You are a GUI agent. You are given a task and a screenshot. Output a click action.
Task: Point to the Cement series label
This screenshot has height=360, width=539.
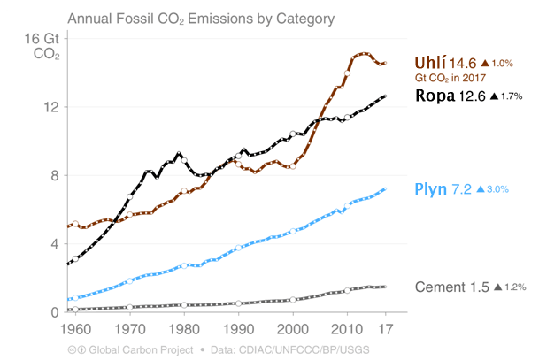441,287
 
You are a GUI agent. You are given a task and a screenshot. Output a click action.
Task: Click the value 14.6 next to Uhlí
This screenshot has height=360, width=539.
463,64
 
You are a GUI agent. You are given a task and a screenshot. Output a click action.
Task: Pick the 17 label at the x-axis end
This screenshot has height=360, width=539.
383,330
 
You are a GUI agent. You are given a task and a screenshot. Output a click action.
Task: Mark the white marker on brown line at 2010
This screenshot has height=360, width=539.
348,73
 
